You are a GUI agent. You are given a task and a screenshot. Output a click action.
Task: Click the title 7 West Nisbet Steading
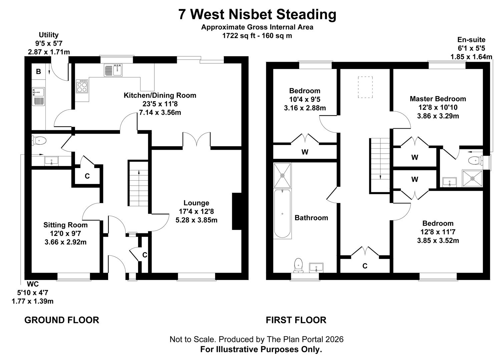[x=257, y=15]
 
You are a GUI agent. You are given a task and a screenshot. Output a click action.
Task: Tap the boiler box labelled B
[x=38, y=72]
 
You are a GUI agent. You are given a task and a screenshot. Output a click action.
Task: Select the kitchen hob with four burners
[x=82, y=87]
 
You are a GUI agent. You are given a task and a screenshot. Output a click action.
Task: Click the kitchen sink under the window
[x=113, y=70]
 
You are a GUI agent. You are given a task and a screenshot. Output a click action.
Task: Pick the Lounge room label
[x=196, y=203]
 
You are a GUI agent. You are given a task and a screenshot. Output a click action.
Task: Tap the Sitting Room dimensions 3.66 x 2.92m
[x=65, y=242]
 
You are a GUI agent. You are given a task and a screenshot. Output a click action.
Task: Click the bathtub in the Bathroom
[x=282, y=213]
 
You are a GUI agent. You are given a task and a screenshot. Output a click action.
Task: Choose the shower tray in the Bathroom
[x=282, y=175]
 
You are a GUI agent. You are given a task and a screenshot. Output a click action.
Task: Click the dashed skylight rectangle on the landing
[x=365, y=87]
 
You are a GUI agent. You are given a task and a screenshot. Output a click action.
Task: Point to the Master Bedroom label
[x=438, y=99]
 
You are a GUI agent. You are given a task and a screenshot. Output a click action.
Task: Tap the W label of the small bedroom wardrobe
[x=305, y=152]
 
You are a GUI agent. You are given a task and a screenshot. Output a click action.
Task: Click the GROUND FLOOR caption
[x=62, y=320]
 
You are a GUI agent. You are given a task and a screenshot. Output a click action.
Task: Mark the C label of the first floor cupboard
[x=365, y=266]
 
